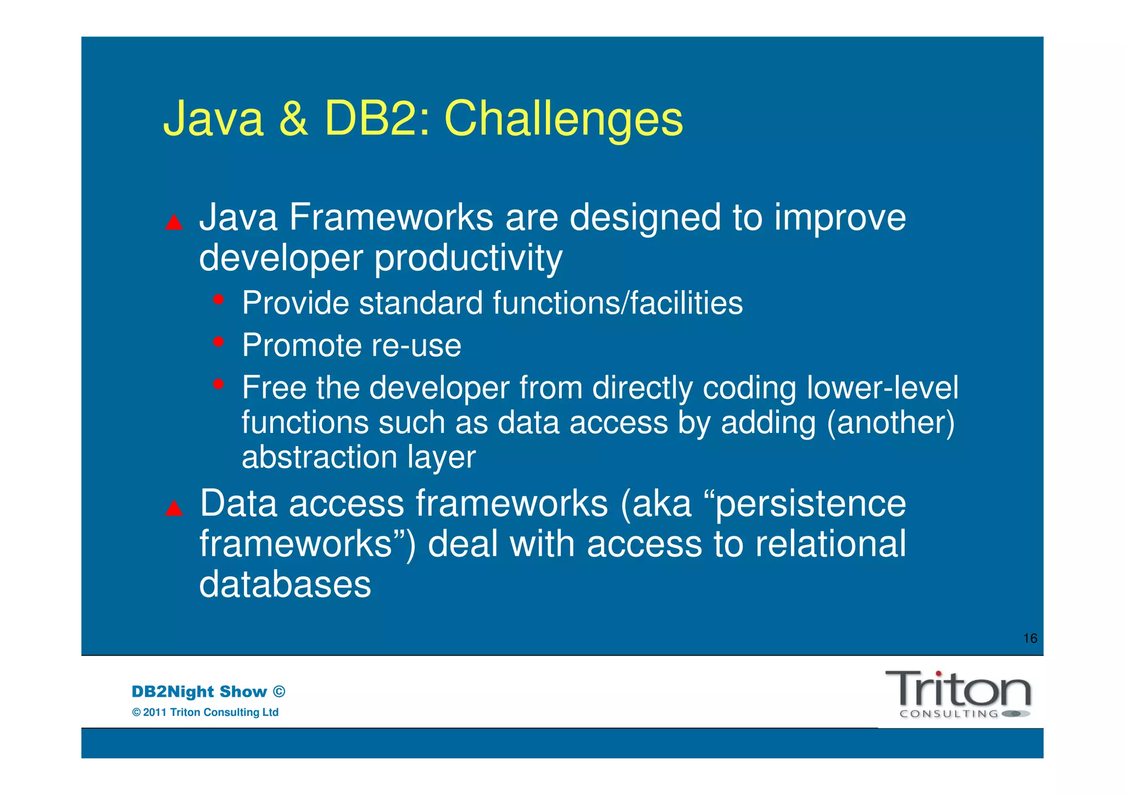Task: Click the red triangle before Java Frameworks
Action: click(x=174, y=222)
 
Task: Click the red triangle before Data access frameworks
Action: click(x=174, y=508)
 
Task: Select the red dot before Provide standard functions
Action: click(x=219, y=299)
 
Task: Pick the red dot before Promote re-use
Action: click(x=219, y=342)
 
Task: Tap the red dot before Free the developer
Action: click(x=219, y=384)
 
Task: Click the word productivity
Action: click(x=468, y=258)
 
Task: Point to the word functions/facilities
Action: click(x=617, y=303)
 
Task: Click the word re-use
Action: click(x=416, y=346)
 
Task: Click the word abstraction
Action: click(x=319, y=457)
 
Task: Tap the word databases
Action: click(x=285, y=584)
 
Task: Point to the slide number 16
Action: click(x=1030, y=638)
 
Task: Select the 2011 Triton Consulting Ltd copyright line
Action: click(x=205, y=712)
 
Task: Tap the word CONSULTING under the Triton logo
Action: click(x=949, y=714)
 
